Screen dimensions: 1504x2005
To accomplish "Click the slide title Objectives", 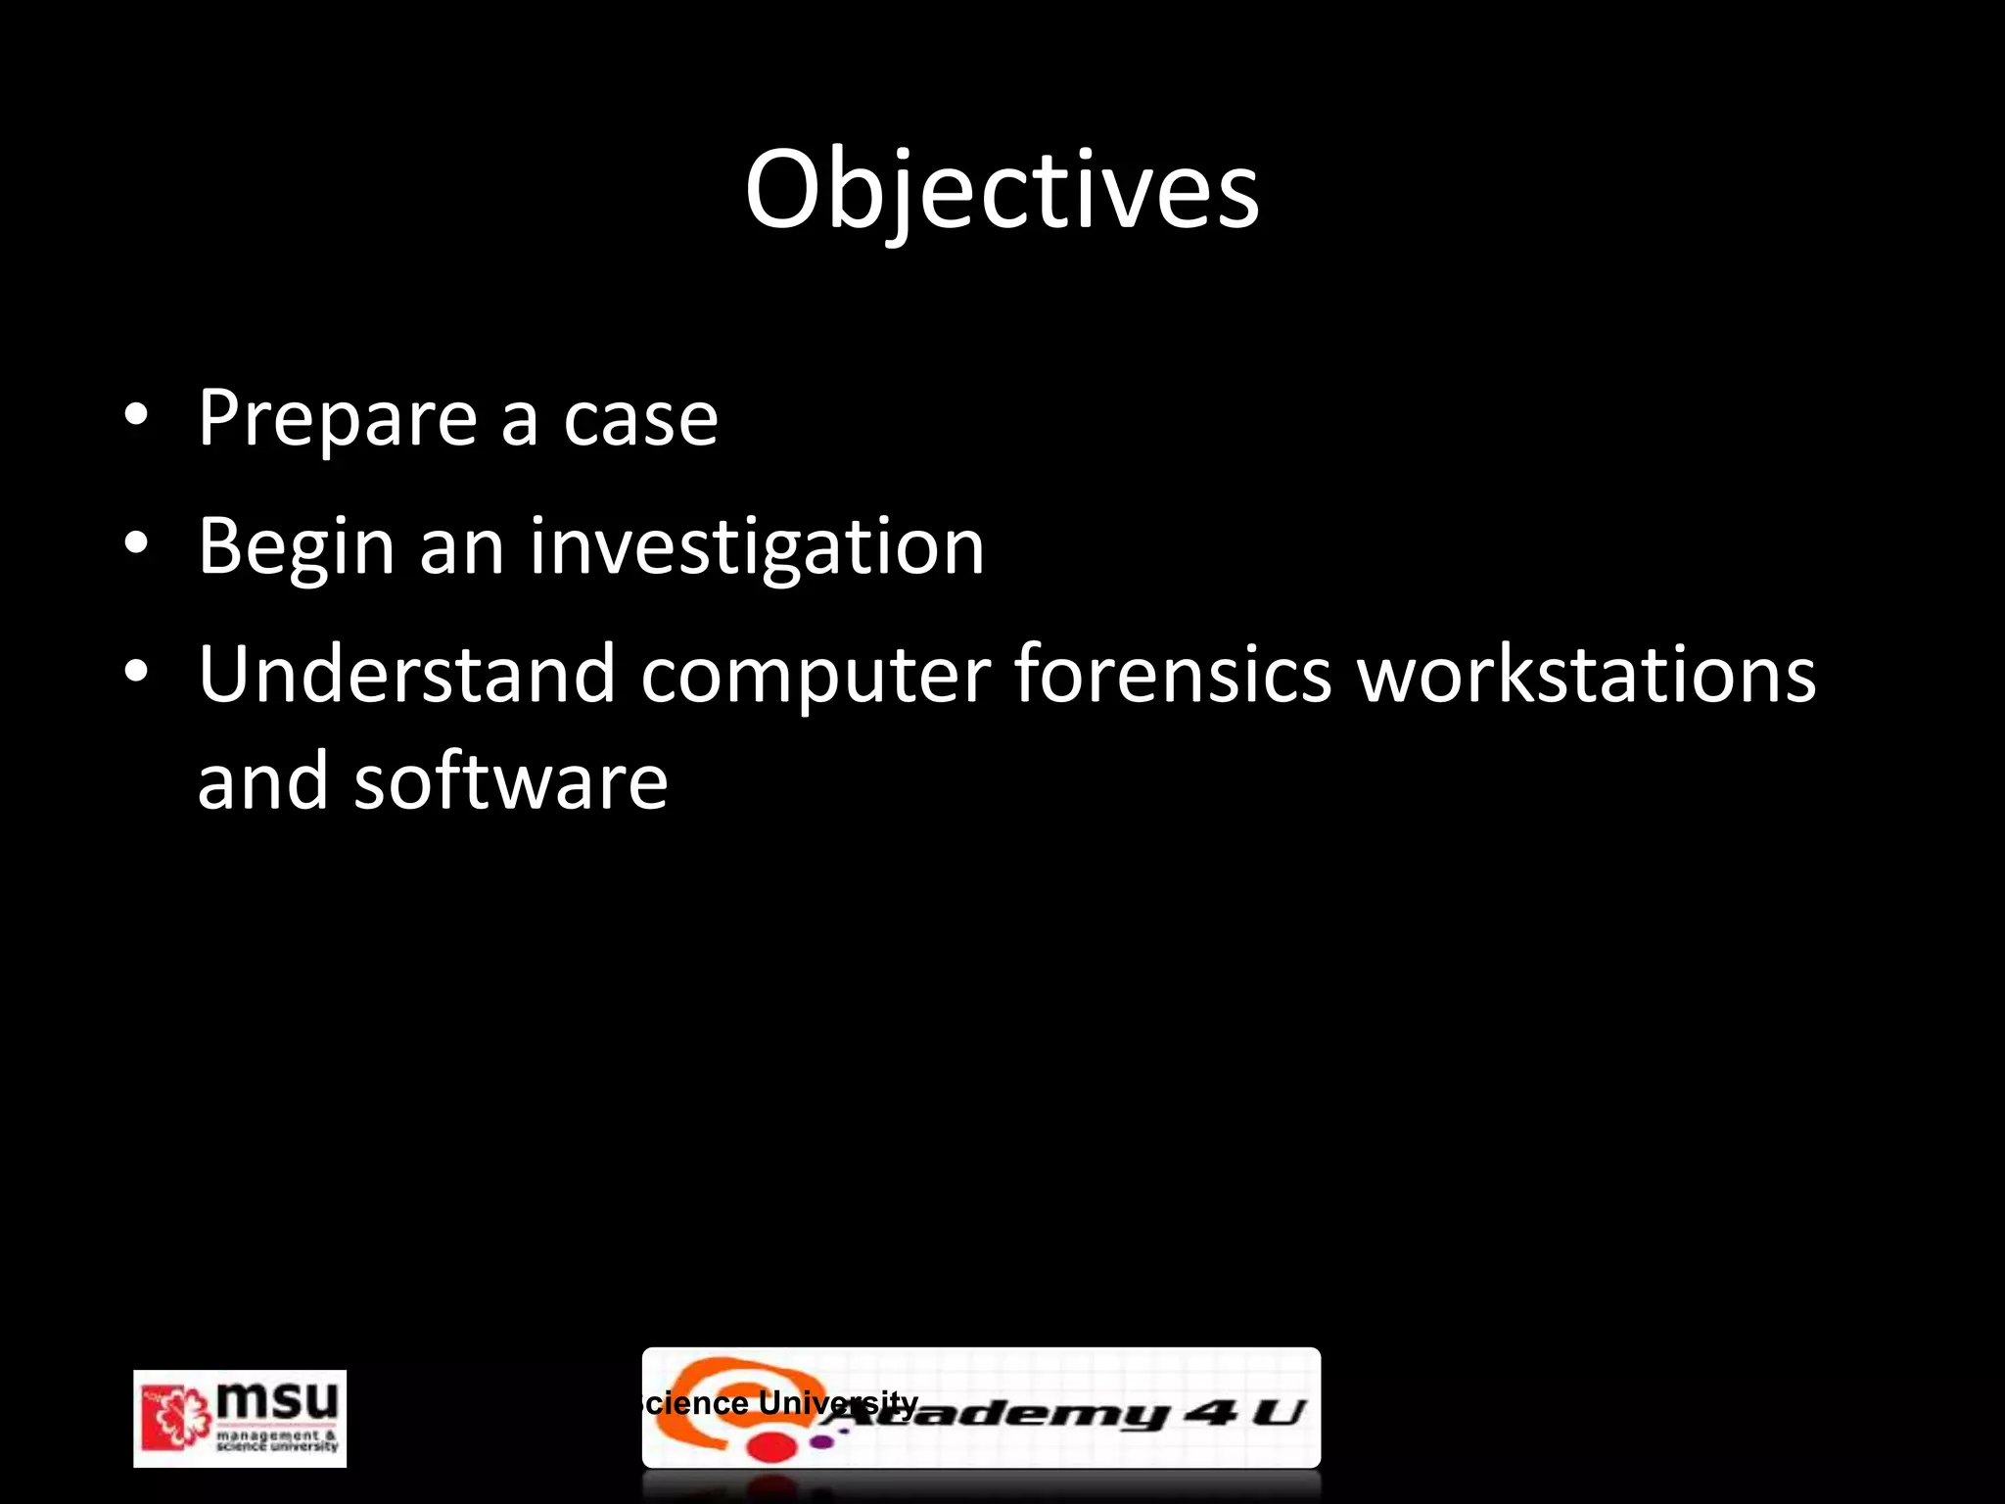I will click(1002, 190).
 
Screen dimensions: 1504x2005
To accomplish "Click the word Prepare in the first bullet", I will click(336, 419).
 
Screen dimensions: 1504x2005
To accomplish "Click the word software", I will click(511, 781).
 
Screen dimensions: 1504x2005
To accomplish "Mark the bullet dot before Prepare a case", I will click(136, 416).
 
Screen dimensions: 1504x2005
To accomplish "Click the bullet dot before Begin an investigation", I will click(136, 543).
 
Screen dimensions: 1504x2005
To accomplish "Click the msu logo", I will click(240, 1418).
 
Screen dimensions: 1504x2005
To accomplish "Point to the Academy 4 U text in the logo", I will click(1077, 1413).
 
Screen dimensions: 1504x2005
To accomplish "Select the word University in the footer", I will click(838, 1403).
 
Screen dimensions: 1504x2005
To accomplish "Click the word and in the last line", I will click(262, 781).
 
